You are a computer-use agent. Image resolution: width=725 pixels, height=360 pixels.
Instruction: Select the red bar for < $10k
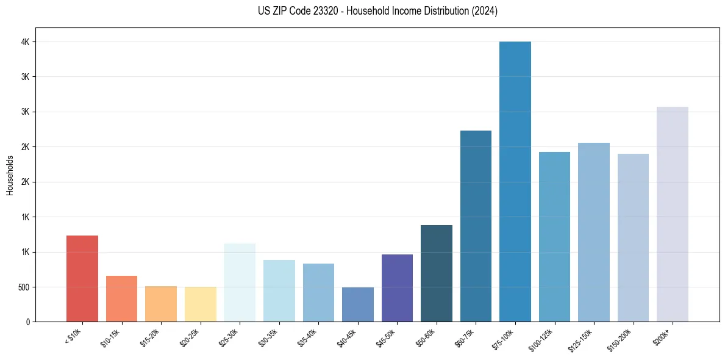(x=82, y=279)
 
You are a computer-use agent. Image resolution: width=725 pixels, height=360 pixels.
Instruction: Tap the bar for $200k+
(x=673, y=214)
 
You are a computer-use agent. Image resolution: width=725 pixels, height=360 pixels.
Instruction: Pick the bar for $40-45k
(x=358, y=304)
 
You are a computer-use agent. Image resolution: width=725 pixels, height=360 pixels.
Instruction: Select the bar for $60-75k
(x=476, y=226)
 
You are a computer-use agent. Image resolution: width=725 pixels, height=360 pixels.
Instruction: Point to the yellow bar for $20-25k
(x=201, y=304)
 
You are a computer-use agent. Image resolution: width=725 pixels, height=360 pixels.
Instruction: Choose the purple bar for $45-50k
(x=397, y=288)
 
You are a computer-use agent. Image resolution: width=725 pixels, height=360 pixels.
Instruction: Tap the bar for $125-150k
(x=594, y=232)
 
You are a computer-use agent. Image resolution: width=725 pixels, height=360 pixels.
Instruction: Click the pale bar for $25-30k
(x=240, y=283)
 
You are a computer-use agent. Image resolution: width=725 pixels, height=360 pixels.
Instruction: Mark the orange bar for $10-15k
(x=121, y=299)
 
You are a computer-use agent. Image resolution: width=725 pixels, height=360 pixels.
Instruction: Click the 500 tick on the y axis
(x=24, y=287)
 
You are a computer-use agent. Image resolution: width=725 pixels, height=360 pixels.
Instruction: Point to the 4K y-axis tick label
(x=26, y=42)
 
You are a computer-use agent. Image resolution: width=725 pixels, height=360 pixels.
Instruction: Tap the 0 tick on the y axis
(x=28, y=322)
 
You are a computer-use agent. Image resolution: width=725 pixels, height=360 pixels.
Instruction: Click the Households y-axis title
(x=10, y=175)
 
